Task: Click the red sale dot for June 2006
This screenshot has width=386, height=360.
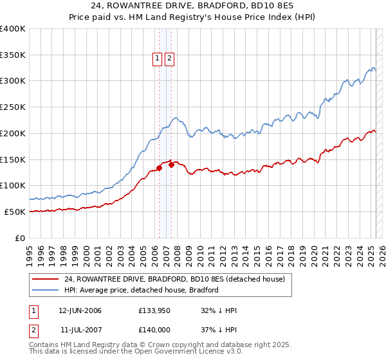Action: pos(159,168)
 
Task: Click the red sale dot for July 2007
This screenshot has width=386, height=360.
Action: pos(172,165)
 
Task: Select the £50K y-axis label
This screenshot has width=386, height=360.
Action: pos(15,212)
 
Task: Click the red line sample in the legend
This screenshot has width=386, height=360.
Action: pos(46,279)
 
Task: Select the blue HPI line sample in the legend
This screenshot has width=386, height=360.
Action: pos(46,290)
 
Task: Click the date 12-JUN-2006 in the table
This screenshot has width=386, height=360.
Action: pos(80,311)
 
